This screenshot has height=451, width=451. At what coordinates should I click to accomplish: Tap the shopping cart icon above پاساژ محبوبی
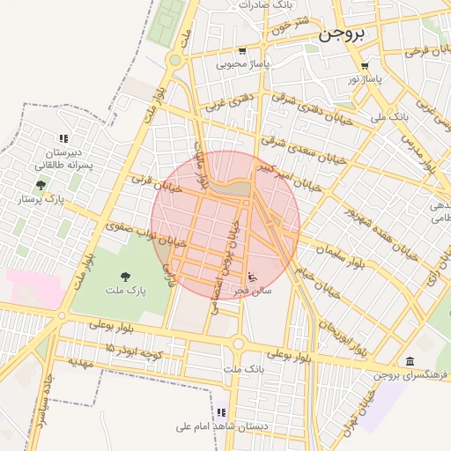click(242, 51)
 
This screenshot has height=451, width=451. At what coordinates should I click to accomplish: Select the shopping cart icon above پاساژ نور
click(364, 66)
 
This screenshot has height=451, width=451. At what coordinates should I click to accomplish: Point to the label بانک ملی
click(390, 115)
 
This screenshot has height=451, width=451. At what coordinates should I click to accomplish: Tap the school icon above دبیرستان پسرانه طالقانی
click(63, 138)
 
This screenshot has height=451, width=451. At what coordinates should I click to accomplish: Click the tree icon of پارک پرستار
click(41, 185)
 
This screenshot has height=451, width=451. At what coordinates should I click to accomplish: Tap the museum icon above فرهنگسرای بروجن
click(410, 360)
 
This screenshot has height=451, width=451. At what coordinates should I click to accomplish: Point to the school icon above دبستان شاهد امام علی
click(222, 412)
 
